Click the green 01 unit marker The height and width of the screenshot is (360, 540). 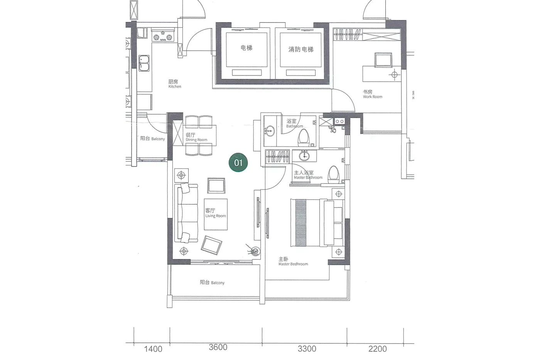[238, 162]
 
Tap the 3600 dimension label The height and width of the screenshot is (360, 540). [218, 347]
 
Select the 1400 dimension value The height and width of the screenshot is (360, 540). [153, 349]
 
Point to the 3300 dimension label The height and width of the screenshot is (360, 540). [307, 349]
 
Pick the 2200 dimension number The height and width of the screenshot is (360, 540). [378, 349]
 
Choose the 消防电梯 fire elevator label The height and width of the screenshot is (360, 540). [301, 49]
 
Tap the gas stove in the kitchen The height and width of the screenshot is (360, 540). [163, 35]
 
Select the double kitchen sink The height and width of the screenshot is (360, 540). [144, 63]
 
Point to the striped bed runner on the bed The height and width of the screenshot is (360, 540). [300, 223]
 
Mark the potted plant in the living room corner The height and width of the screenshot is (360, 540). [254, 251]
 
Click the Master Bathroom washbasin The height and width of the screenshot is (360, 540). [304, 156]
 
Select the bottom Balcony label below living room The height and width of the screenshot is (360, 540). [212, 282]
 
